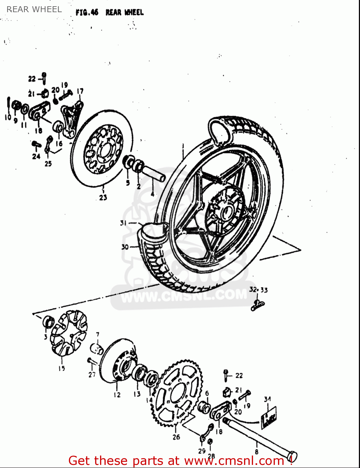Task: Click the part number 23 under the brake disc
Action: point(103,197)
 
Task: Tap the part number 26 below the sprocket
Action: point(176,437)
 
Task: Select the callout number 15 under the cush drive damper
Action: point(62,368)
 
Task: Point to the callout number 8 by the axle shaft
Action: point(257,451)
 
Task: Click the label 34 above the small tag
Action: point(267,399)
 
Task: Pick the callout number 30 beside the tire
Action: point(125,247)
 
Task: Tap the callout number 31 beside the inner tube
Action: point(123,223)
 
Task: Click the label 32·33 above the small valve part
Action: point(258,290)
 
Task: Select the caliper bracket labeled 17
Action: point(72,119)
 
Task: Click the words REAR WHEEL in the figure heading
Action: point(124,12)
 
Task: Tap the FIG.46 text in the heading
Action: point(87,12)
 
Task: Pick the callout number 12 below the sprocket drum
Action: point(117,395)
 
